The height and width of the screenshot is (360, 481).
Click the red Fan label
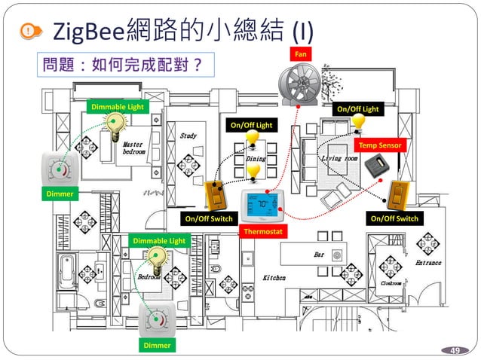[301, 54]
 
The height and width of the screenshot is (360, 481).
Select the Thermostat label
[262, 231]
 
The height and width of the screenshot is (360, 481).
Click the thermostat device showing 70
[262, 206]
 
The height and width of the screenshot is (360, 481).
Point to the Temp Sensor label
[381, 144]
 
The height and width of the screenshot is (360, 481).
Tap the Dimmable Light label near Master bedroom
[117, 107]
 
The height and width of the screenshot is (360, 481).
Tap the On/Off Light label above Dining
[251, 124]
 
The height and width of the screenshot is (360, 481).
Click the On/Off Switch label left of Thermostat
[208, 219]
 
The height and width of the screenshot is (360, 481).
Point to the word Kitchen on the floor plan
[274, 278]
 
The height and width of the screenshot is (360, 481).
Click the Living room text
[340, 159]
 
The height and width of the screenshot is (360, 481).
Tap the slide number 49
[455, 350]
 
